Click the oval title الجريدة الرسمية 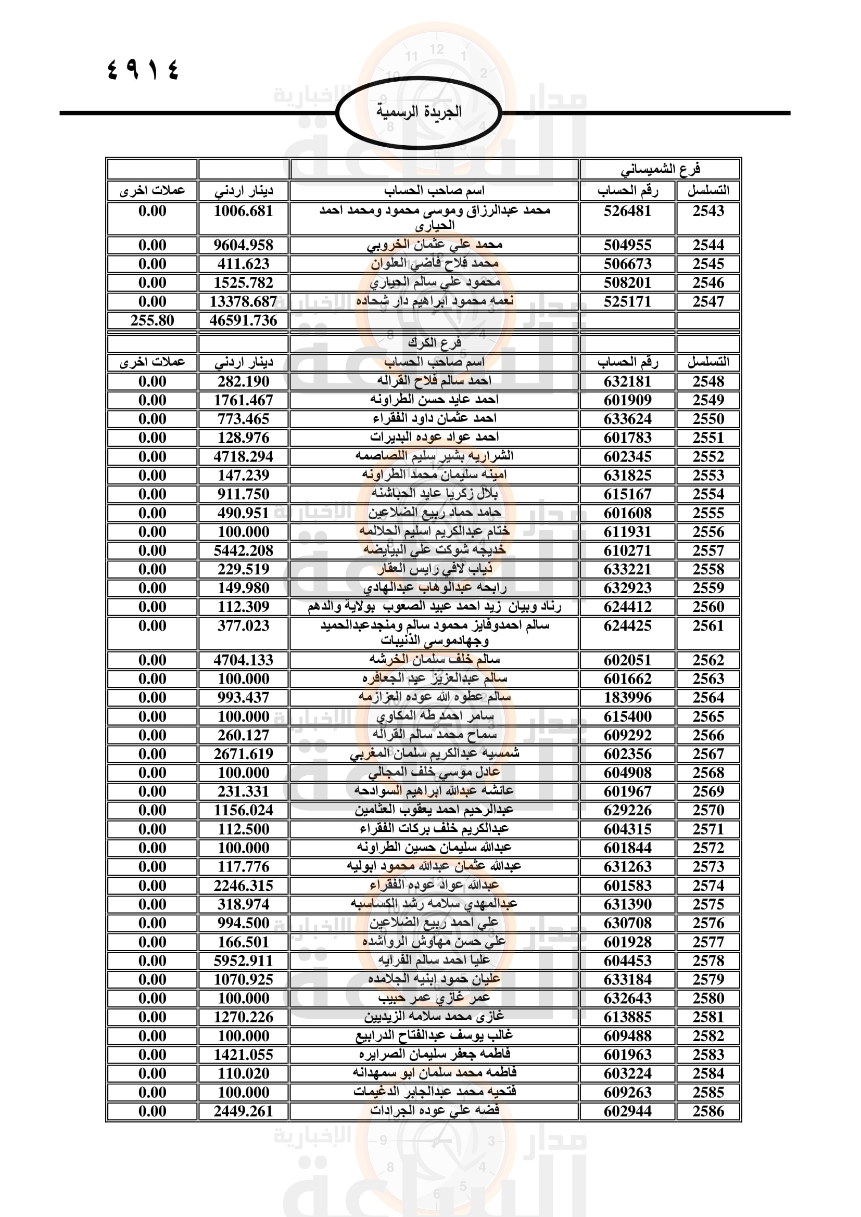419,112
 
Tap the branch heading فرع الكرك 434,343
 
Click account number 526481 627,211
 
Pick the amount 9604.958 243,245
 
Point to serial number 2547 708,302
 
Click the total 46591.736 243,320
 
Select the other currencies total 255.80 152,320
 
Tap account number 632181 627,381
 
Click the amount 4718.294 243,456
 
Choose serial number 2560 708,606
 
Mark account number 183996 627,698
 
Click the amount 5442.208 243,550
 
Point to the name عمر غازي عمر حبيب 434,998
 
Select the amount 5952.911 243,960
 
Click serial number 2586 708,1111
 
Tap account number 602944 627,1111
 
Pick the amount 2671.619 243,754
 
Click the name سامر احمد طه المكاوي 434,716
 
